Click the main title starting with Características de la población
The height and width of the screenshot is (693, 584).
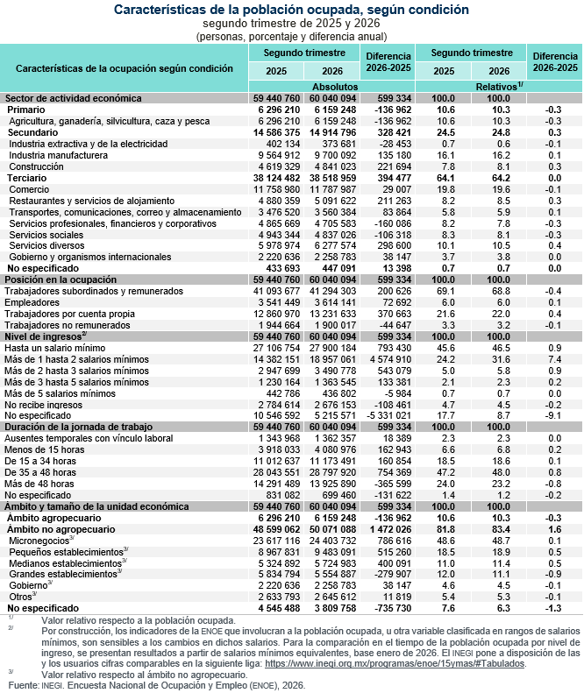pyautogui.click(x=291, y=10)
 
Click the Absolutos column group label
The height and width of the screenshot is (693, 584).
pyautogui.click(x=335, y=87)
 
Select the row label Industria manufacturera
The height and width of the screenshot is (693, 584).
pyautogui.click(x=59, y=155)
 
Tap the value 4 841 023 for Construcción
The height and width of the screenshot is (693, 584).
pyautogui.click(x=332, y=166)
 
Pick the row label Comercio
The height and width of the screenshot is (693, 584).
pyautogui.click(x=29, y=189)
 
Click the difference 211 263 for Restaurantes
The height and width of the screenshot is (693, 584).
pyautogui.click(x=395, y=201)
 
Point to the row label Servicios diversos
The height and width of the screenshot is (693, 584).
pyautogui.click(x=46, y=245)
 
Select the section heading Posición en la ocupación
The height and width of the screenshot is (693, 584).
pyautogui.click(x=61, y=279)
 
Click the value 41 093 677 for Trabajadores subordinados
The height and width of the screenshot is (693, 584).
pyautogui.click(x=276, y=291)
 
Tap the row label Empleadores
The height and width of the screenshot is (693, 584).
pyautogui.click(x=32, y=302)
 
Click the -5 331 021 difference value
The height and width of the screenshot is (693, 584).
pyautogui.click(x=388, y=415)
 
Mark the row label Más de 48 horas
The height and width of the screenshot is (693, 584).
pyautogui.click(x=39, y=484)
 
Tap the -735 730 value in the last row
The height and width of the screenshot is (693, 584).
pyautogui.click(x=393, y=608)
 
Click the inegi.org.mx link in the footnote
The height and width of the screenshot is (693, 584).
pyautogui.click(x=395, y=663)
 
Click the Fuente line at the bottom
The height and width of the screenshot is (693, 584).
pyautogui.click(x=157, y=685)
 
